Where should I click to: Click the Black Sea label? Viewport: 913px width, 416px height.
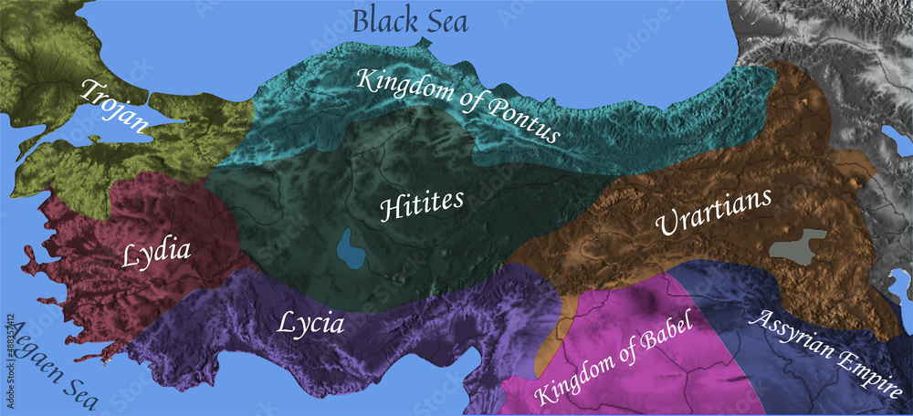[x=410, y=19]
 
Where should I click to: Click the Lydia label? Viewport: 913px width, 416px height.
[x=156, y=252]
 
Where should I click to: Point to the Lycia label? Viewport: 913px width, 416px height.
[x=310, y=322]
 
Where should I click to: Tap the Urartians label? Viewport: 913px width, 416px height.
[x=713, y=212]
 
